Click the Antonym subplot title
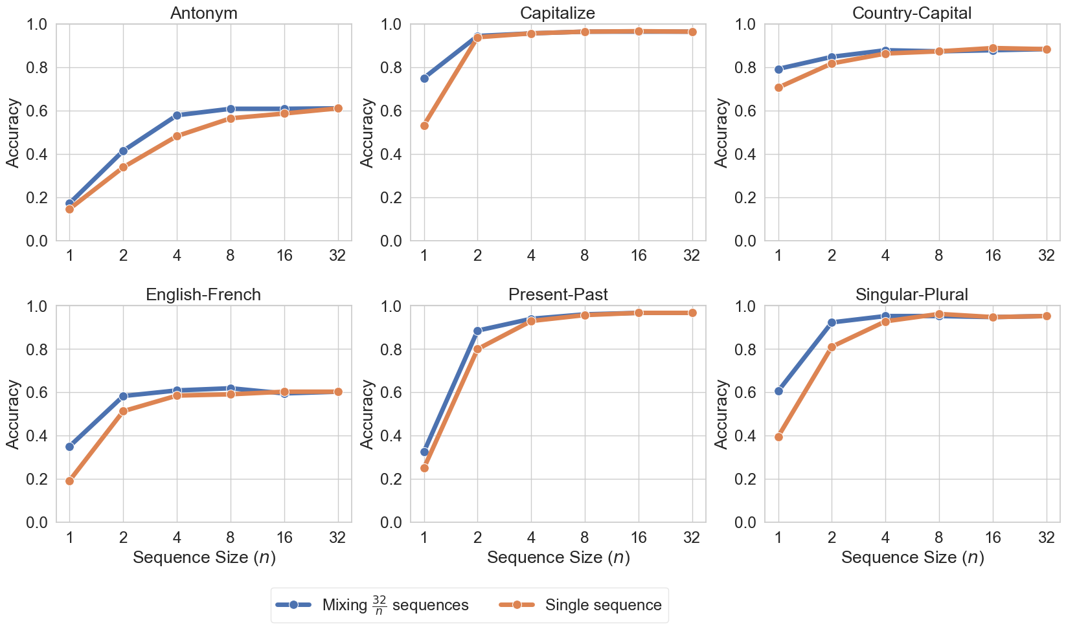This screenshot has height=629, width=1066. (203, 13)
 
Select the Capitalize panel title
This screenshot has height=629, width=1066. (558, 13)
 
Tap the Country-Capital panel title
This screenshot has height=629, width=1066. (912, 13)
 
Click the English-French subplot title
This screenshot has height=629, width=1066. (203, 294)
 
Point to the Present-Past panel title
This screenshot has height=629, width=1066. (558, 294)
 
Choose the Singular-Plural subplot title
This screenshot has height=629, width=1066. (912, 294)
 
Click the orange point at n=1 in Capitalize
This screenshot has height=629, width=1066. (424, 126)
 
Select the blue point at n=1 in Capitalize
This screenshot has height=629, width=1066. (424, 78)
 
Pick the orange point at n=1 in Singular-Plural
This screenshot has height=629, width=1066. (778, 437)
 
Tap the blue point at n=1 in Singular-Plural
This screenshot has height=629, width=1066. (778, 391)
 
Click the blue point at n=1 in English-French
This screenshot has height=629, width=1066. (70, 447)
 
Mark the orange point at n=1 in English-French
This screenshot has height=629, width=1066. (70, 481)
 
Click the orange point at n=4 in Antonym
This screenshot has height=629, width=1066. (177, 136)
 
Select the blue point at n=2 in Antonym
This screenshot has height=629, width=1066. (123, 151)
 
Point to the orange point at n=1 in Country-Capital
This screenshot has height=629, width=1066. (778, 87)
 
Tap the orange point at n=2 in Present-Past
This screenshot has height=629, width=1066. (478, 349)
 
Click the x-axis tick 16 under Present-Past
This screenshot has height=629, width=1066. (638, 536)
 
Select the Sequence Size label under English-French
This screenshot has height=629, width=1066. (204, 557)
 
